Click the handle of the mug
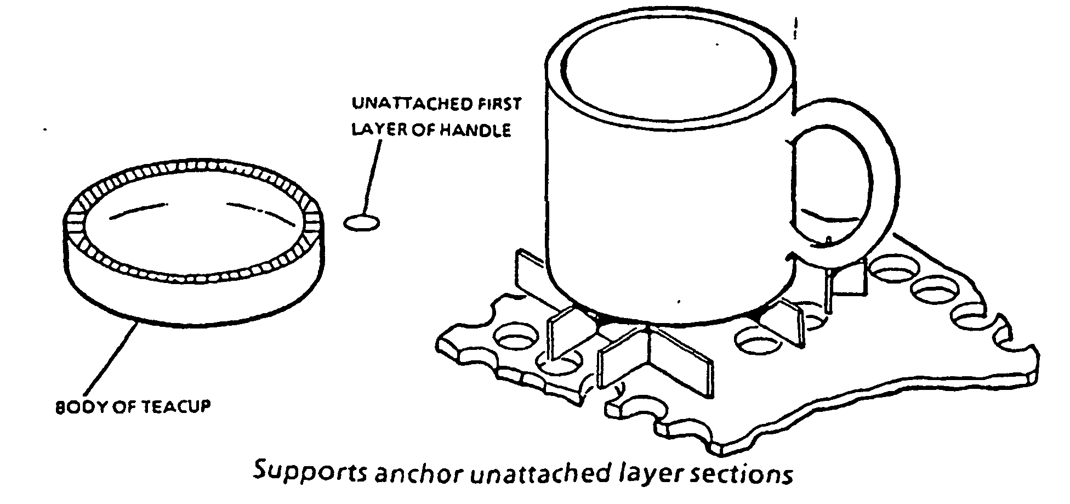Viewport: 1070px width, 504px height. click(x=877, y=165)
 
